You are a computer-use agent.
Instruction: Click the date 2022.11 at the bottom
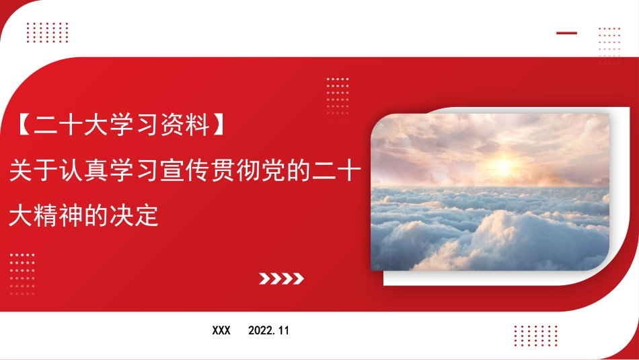[x=268, y=330]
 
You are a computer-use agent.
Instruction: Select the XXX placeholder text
[x=221, y=330]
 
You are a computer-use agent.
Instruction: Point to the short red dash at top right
[x=566, y=33]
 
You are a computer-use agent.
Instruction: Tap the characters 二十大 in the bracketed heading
[x=69, y=126]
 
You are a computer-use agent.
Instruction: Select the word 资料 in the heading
[x=183, y=126]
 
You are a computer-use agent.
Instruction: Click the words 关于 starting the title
[x=35, y=171]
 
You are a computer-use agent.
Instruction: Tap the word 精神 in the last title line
[x=61, y=215]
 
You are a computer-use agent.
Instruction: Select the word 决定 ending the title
[x=136, y=215]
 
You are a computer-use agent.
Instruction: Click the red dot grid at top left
[x=47, y=32]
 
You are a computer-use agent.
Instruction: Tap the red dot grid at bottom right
[x=535, y=335]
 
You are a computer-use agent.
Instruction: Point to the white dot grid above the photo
[x=338, y=96]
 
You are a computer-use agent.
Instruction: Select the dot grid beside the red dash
[x=609, y=44]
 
